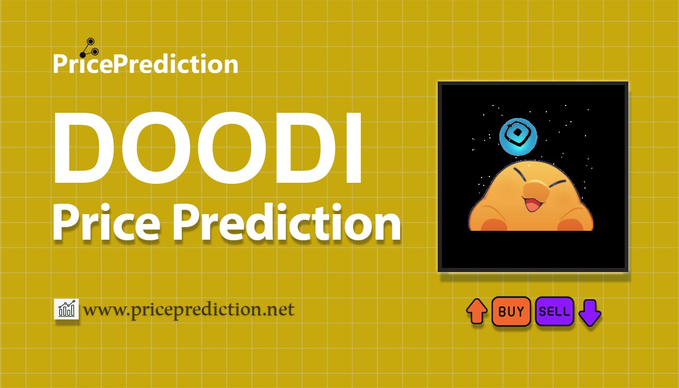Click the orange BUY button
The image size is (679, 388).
[x=511, y=311]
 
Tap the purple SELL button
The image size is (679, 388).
[x=555, y=311]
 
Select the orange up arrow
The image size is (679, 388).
[x=477, y=311]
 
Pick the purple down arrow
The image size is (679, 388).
[x=590, y=313]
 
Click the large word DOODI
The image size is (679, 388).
[x=208, y=148]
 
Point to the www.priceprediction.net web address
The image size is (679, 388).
[x=189, y=310]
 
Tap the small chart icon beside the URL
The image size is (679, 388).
[x=66, y=309]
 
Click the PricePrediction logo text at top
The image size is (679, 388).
[x=146, y=63]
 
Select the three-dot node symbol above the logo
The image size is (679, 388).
[x=89, y=48]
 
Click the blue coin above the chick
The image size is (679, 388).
[x=518, y=137]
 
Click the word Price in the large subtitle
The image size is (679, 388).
[x=106, y=222]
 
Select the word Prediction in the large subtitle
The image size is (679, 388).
[x=287, y=222]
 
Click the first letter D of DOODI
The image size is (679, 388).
[x=84, y=148]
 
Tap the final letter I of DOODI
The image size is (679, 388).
[x=354, y=148]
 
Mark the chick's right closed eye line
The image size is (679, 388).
[x=557, y=183]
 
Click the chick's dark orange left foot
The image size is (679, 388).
[x=494, y=225]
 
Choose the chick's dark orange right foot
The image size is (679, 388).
[x=570, y=225]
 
